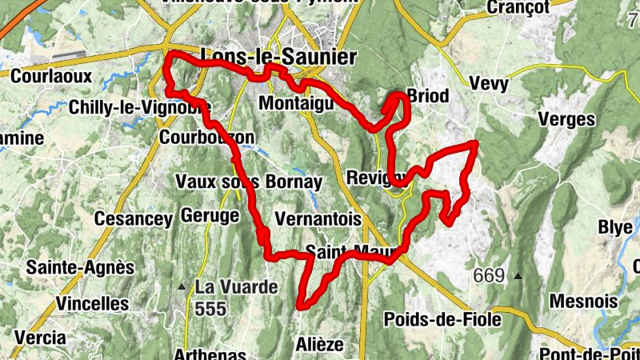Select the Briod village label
pyautogui.click(x=428, y=96)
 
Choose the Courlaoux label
pyautogui.click(x=52, y=76)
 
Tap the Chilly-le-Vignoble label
pyautogui.click(x=140, y=106)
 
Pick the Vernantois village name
pyautogui.click(x=318, y=218)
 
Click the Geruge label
pyautogui.click(x=210, y=215)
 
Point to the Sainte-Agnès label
pyautogui.click(x=80, y=267)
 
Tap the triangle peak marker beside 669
pyautogui.click(x=518, y=277)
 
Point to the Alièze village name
pyautogui.click(x=320, y=344)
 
